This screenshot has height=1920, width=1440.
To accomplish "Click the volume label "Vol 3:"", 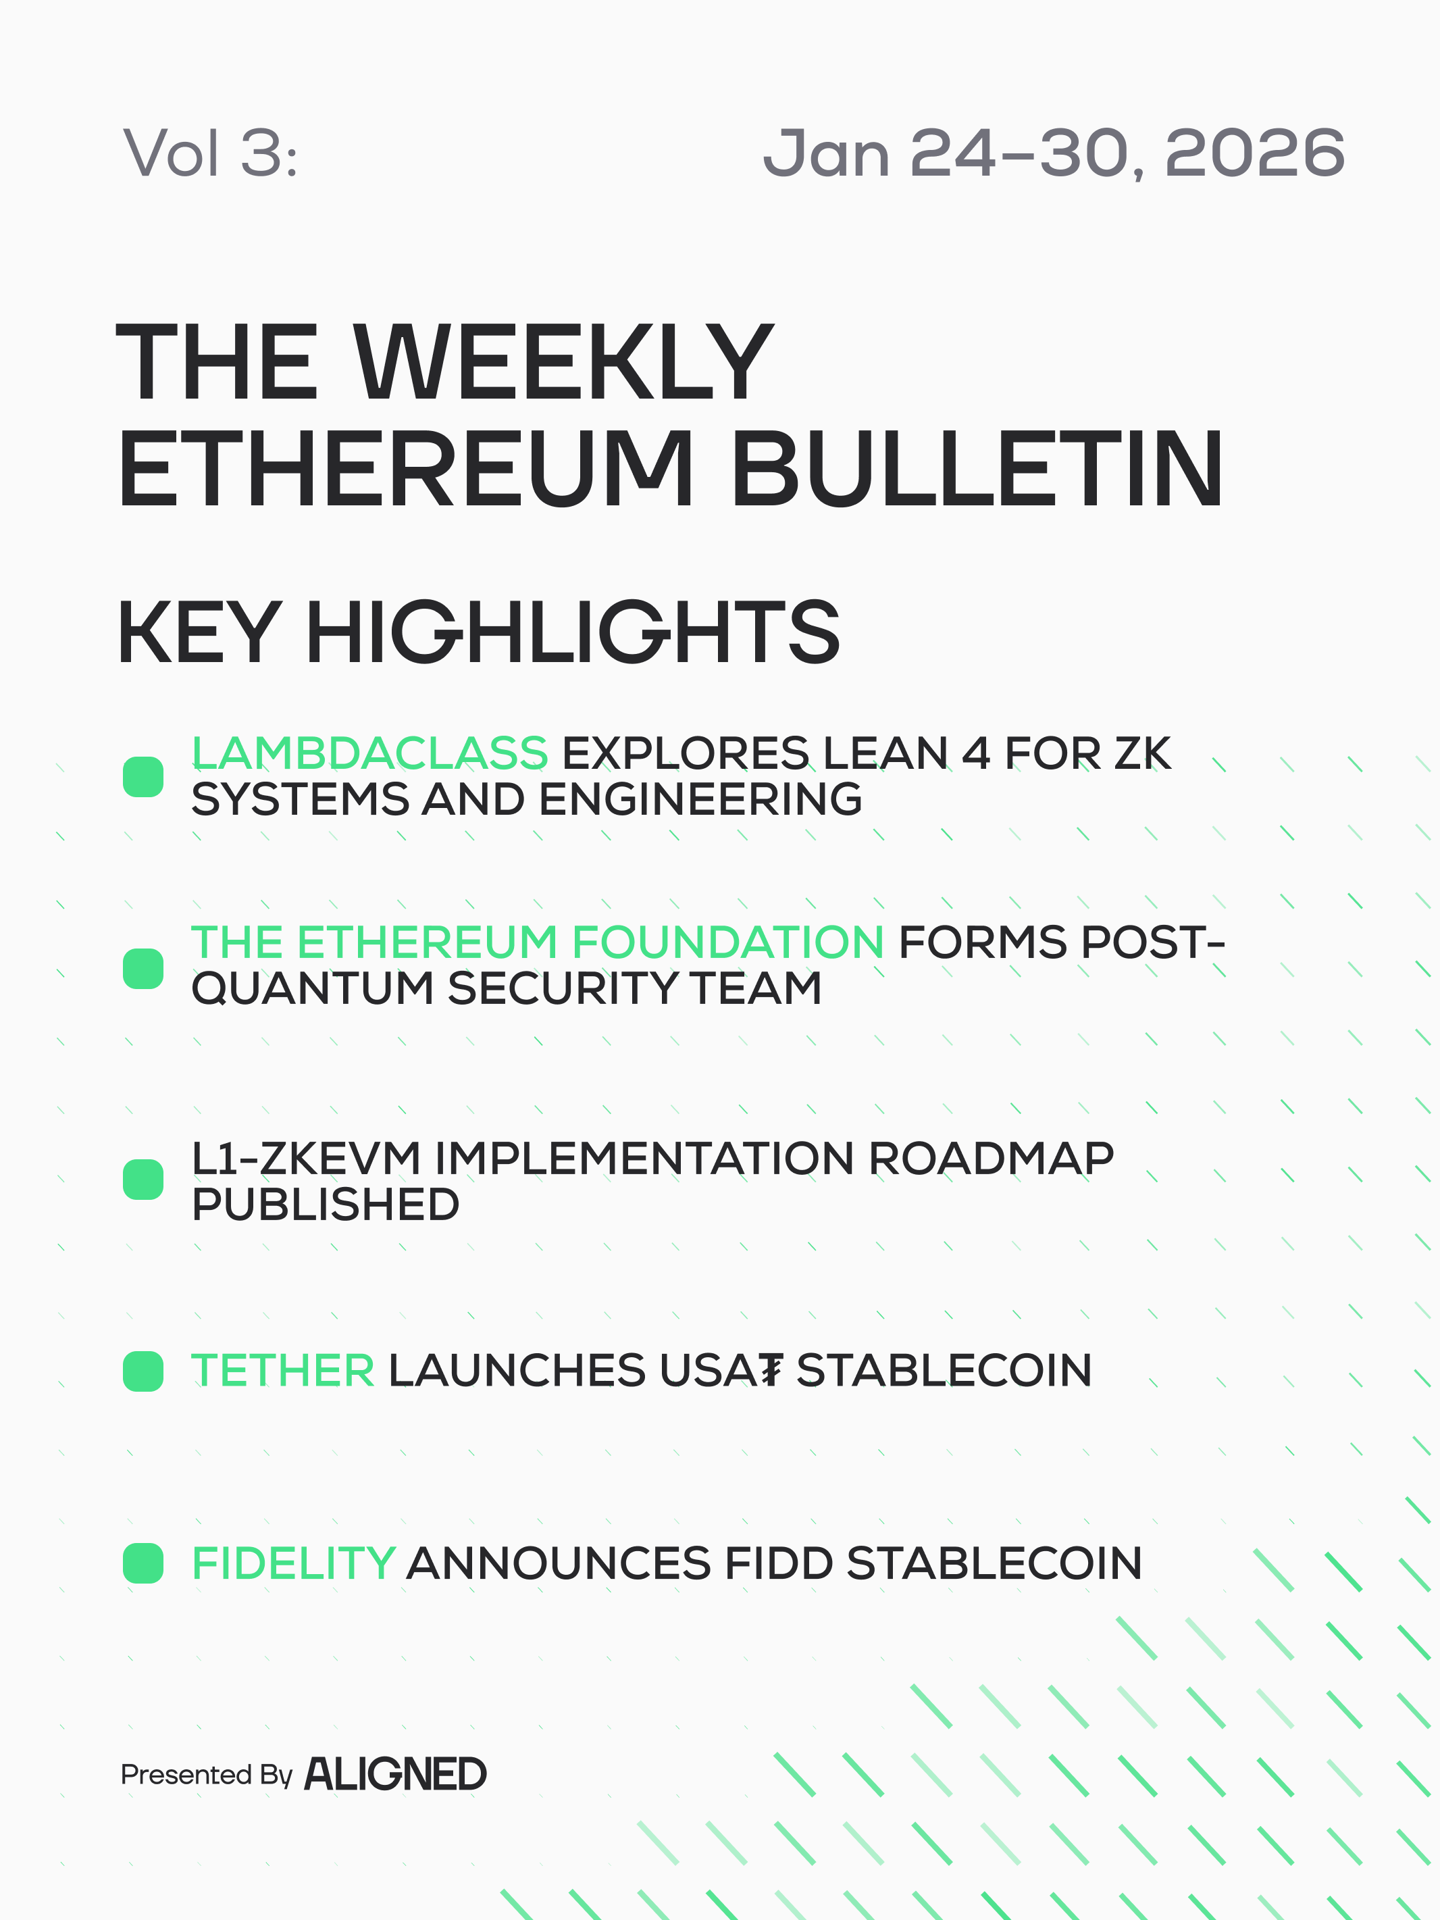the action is [x=211, y=153].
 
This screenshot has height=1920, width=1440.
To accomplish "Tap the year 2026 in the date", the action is [x=1254, y=153].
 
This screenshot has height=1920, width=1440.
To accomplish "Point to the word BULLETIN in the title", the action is [x=977, y=468].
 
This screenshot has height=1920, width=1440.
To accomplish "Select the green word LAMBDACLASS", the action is [x=369, y=753].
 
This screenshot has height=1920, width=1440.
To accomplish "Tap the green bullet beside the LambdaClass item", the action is [x=143, y=776].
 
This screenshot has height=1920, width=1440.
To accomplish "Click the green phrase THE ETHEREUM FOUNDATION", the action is [x=537, y=942].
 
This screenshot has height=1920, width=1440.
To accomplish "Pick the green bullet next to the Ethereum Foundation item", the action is [x=143, y=969].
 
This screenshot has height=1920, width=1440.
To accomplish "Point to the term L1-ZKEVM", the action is [x=307, y=1158].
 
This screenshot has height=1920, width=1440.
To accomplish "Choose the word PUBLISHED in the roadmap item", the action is [x=326, y=1204].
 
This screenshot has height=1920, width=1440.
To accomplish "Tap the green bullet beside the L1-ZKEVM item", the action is [x=143, y=1179].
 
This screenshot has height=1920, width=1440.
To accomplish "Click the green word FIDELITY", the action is [x=293, y=1563].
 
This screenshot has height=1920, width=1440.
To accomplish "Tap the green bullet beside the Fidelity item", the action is [x=143, y=1563].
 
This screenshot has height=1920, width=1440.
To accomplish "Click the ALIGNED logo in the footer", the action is [x=395, y=1773].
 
